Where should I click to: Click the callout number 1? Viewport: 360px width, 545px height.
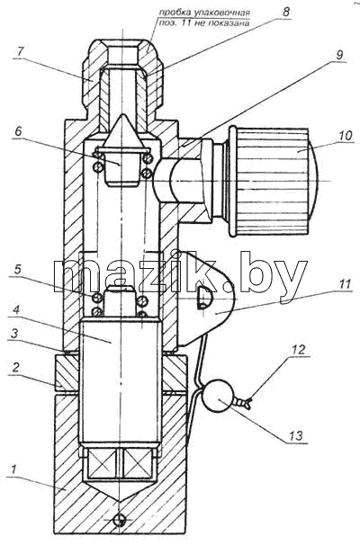[13, 470]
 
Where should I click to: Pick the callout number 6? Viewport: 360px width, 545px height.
[18, 130]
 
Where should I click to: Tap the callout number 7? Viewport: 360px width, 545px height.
[20, 52]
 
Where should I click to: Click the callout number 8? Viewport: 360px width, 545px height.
[285, 12]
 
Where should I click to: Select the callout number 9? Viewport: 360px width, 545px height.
[339, 55]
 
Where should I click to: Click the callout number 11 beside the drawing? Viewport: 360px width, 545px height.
[345, 285]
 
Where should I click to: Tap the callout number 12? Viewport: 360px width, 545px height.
[299, 349]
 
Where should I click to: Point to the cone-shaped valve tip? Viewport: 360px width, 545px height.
[122, 131]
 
